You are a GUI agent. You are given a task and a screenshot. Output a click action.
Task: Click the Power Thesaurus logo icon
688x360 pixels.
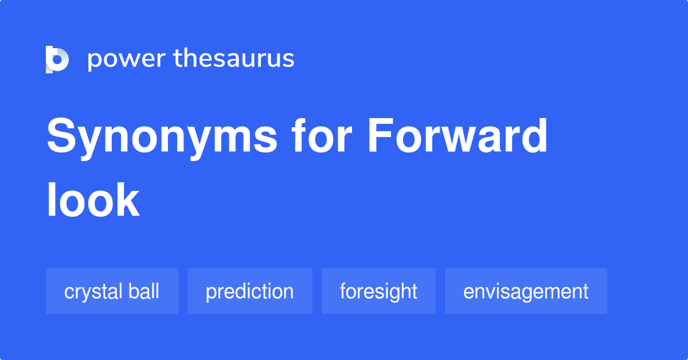(57, 59)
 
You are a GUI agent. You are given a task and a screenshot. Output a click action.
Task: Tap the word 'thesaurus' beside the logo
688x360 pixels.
(234, 58)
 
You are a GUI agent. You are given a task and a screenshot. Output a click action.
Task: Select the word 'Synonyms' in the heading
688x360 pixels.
(162, 137)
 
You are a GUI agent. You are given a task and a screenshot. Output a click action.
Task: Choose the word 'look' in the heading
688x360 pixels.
(93, 200)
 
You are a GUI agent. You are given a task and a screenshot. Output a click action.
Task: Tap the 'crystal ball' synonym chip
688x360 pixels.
(112, 291)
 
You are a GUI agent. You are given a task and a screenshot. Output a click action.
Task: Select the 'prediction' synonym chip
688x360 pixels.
(249, 291)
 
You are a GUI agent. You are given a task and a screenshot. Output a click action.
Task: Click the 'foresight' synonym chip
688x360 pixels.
(378, 291)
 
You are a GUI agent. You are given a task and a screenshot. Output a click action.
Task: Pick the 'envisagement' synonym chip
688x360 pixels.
(526, 291)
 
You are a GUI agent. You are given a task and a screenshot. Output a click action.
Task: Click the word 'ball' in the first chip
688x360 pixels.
(144, 291)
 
